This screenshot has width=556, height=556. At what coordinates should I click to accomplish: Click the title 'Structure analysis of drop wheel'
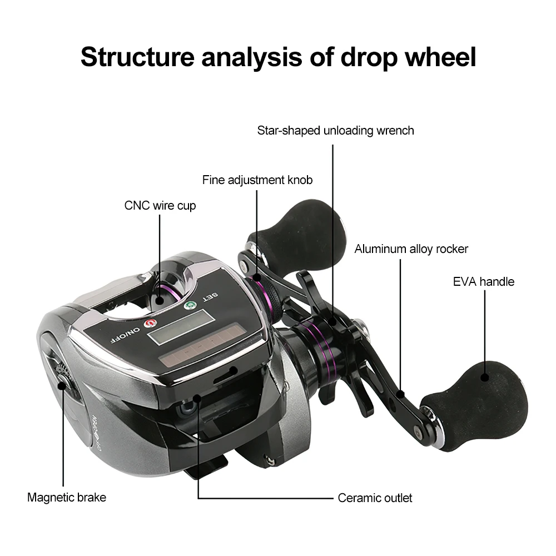tap(278, 57)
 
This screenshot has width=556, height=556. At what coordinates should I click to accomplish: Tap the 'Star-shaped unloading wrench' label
tap(335, 131)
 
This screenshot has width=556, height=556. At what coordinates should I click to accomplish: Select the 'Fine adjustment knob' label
tap(257, 180)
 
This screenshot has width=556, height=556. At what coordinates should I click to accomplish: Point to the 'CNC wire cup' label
tap(160, 206)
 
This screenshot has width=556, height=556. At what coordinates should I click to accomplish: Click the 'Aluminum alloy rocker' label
tap(411, 249)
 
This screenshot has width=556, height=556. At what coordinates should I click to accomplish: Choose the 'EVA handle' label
tap(484, 281)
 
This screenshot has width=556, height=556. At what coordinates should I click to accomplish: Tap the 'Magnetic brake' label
tap(67, 497)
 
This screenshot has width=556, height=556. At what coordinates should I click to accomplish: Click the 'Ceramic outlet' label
tap(375, 498)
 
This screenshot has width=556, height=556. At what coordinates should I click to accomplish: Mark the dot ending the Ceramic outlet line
tap(197, 398)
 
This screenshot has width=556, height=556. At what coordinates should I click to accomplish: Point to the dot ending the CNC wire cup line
tap(160, 301)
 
